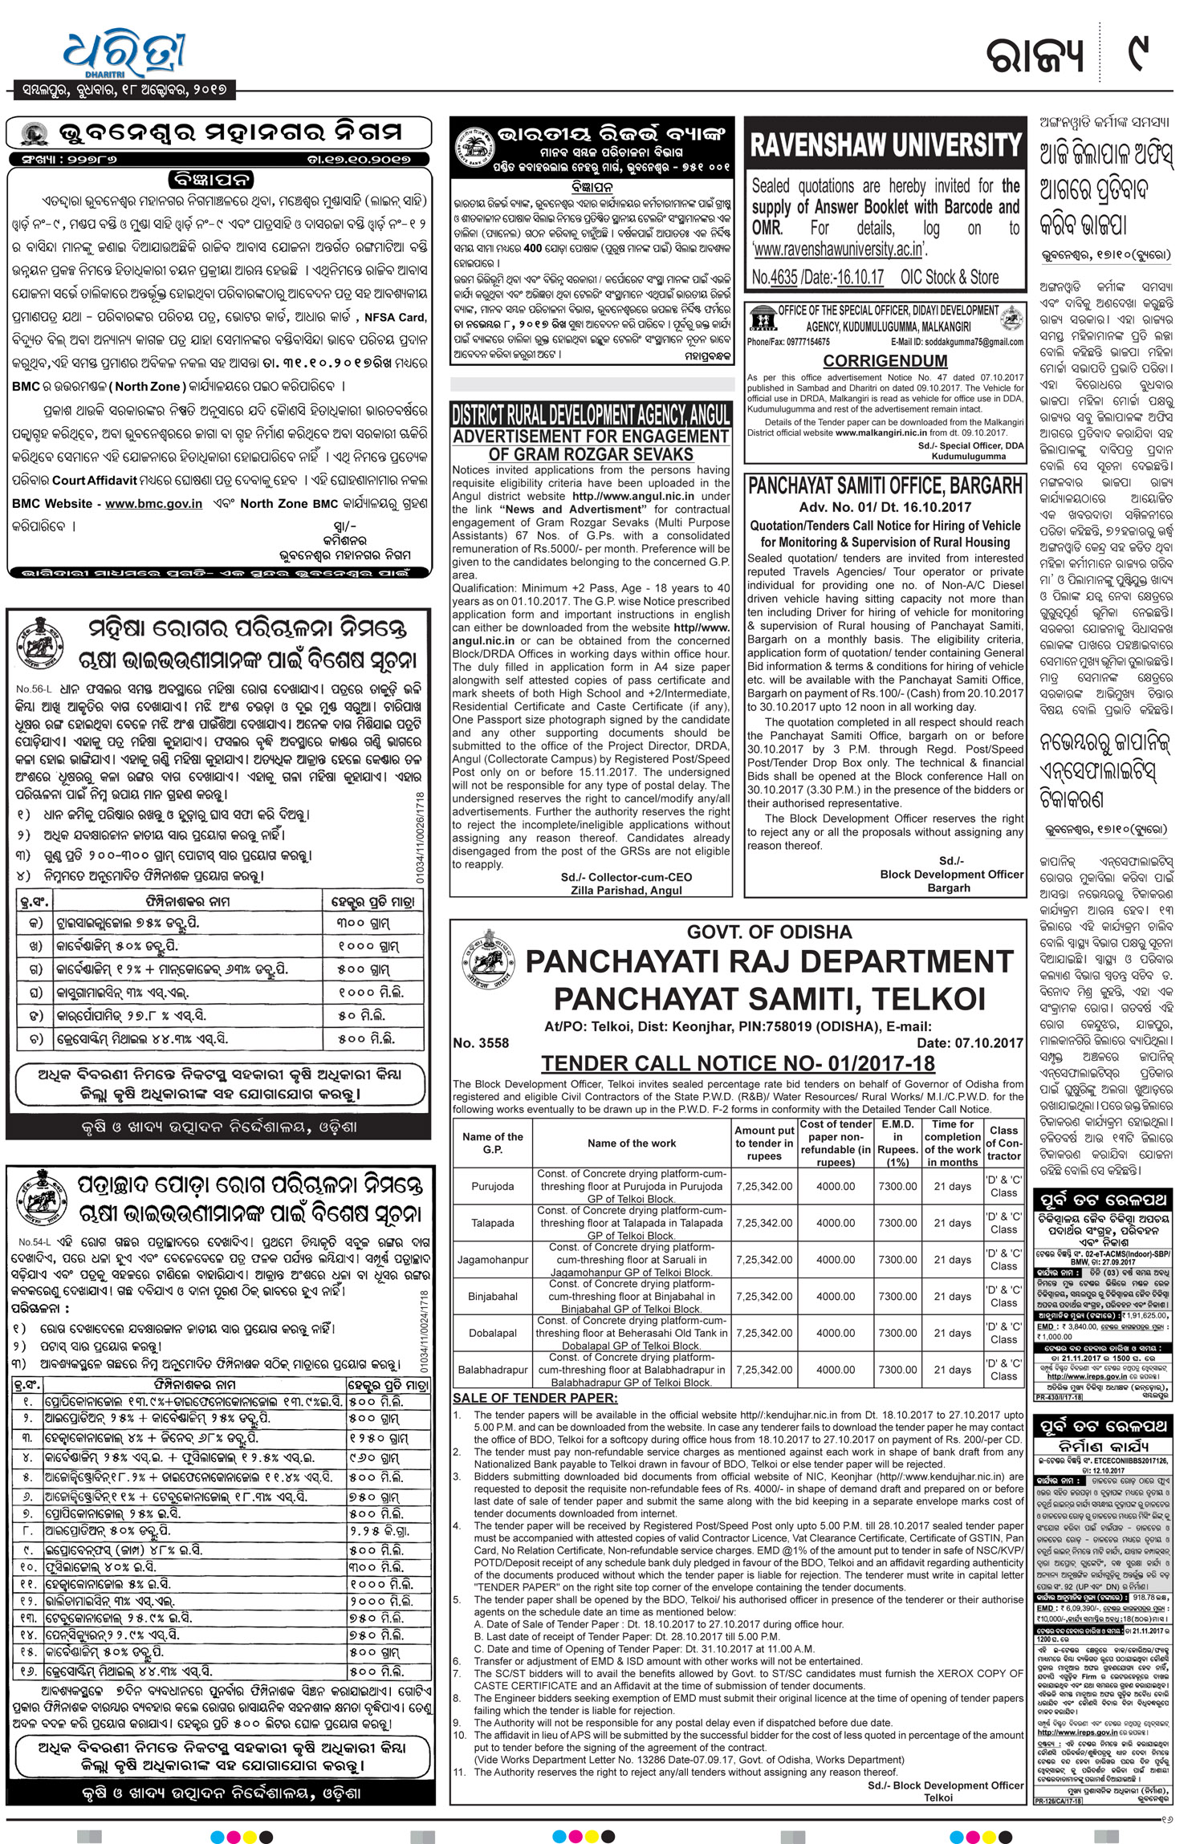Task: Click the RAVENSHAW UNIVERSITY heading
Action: (x=885, y=145)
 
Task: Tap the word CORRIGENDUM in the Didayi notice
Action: (x=885, y=361)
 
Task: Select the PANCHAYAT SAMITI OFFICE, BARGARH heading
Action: (x=885, y=485)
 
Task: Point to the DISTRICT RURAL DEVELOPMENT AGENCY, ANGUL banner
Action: (x=591, y=415)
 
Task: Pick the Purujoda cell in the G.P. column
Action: (x=492, y=1186)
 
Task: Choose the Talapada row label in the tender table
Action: (x=492, y=1223)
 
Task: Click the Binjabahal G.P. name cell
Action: (x=492, y=1296)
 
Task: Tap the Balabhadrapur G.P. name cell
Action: (x=492, y=1370)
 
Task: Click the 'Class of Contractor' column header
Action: (x=1003, y=1143)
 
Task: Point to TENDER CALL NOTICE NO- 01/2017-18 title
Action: (x=738, y=1063)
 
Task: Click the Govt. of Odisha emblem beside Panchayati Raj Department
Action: (x=486, y=966)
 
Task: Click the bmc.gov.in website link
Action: (x=153, y=503)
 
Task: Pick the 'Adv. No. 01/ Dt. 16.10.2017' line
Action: (x=885, y=507)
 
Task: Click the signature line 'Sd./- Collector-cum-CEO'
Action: (x=626, y=877)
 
